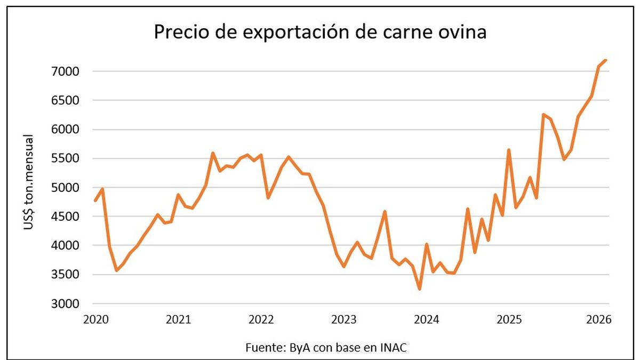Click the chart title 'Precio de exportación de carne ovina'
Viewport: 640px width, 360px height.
(x=320, y=33)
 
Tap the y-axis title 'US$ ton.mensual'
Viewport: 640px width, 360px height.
(x=29, y=182)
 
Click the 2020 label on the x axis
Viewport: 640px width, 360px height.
(x=96, y=320)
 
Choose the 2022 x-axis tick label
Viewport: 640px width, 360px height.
(x=261, y=320)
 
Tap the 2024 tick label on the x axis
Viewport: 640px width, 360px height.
(x=427, y=320)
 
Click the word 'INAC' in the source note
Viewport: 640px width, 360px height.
(x=394, y=347)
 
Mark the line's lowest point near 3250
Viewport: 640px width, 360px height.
(x=420, y=289)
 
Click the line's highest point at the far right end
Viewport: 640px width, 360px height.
(x=606, y=60)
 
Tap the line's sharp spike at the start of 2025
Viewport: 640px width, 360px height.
(x=509, y=150)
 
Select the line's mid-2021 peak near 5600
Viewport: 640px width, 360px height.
(x=213, y=153)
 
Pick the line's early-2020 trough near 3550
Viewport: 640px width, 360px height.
(x=117, y=270)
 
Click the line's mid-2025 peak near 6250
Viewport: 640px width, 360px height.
(x=543, y=114)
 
